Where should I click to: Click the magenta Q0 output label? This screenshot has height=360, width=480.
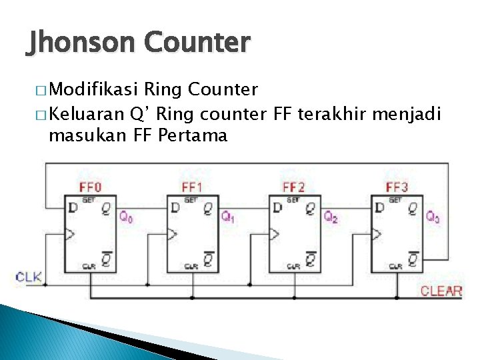tap(125, 217)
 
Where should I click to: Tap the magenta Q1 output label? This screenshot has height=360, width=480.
tap(228, 217)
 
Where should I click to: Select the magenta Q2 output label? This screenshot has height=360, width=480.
tap(331, 217)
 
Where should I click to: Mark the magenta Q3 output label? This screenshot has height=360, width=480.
tap(433, 217)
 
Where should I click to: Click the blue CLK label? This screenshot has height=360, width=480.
tap(29, 277)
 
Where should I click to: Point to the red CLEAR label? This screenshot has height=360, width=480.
tap(441, 291)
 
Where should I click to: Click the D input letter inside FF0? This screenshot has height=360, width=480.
tap(72, 209)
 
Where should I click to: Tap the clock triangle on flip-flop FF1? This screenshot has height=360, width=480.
tap(172, 234)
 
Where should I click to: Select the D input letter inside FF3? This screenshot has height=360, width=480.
tap(379, 209)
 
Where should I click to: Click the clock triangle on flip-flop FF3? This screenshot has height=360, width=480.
tap(377, 234)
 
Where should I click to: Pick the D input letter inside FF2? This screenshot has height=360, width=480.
tap(277, 209)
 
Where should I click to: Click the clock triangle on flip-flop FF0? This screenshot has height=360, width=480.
tap(69, 234)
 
